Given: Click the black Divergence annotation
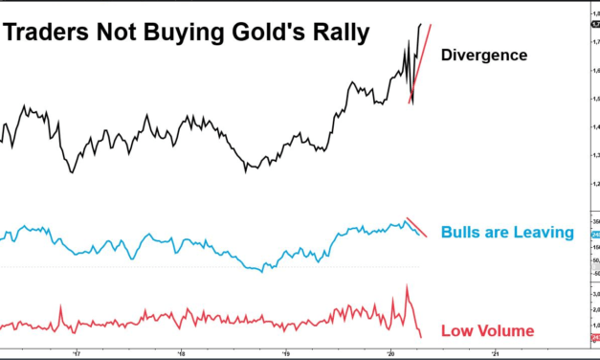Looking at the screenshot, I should tap(483, 56).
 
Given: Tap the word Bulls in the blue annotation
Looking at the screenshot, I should tap(463, 233).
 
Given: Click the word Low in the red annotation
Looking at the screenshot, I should tap(457, 331).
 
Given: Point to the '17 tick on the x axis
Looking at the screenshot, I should tap(77, 351).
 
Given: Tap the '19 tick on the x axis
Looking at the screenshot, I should tap(286, 351).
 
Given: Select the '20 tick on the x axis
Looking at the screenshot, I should tap(390, 351).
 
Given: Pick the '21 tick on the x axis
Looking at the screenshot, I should tap(495, 351).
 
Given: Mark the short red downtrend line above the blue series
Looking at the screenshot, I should tap(416, 225).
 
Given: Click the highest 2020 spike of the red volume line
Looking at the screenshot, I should tap(408, 285).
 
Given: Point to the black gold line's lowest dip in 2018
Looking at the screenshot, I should tap(246, 170).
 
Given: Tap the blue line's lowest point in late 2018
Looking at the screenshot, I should tap(260, 271).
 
